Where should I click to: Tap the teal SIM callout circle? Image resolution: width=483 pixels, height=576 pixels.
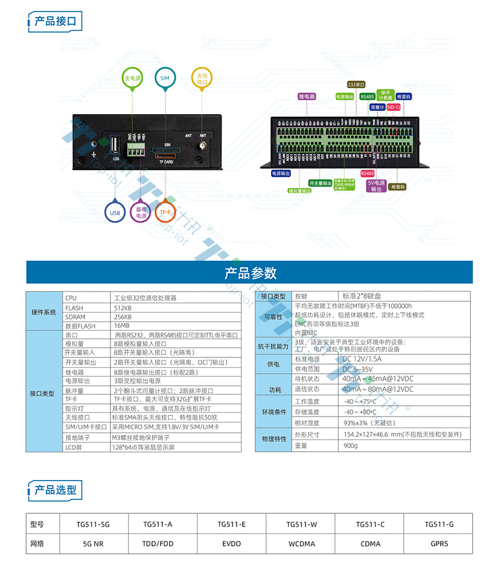(x=165, y=78)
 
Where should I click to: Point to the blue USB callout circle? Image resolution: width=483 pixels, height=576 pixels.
(x=115, y=213)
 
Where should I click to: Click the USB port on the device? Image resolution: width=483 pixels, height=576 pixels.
(x=115, y=146)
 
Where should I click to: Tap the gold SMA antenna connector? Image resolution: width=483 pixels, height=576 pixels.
(x=203, y=146)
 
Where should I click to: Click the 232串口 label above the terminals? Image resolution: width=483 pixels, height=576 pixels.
(x=356, y=85)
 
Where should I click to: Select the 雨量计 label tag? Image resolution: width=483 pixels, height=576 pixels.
(x=377, y=107)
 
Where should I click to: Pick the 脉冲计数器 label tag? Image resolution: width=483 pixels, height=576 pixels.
(x=385, y=95)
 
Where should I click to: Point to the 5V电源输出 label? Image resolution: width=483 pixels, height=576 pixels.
(x=376, y=185)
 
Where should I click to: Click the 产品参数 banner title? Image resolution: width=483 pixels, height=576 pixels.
(x=250, y=273)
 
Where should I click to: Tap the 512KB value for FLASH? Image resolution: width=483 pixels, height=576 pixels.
(x=123, y=307)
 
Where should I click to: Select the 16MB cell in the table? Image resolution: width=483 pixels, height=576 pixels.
(x=121, y=326)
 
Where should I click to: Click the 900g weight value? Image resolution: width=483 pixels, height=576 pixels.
(x=350, y=446)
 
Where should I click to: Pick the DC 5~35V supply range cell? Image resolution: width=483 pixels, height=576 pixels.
(x=358, y=368)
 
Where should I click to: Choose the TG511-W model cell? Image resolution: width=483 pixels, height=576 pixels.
(x=301, y=525)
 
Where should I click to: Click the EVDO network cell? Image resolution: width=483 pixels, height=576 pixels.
(x=231, y=543)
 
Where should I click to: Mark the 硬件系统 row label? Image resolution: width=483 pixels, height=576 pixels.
(x=44, y=312)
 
